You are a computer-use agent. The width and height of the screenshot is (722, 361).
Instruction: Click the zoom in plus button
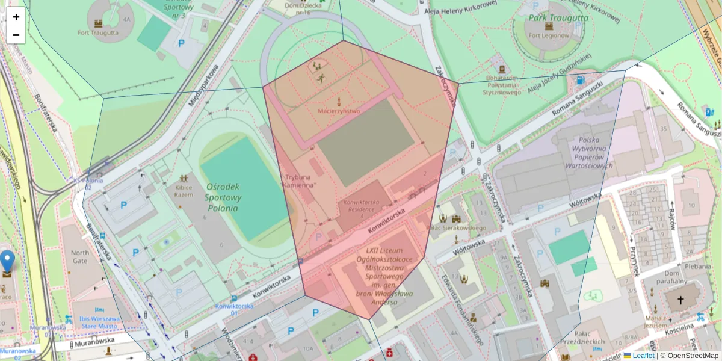(x=16, y=17)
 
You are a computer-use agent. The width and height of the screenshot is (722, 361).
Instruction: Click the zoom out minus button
(x=16, y=35)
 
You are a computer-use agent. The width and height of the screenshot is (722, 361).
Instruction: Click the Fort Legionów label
(x=548, y=35)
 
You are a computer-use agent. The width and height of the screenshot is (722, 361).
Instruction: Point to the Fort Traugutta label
(x=97, y=32)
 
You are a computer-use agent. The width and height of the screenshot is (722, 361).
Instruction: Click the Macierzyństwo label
(x=339, y=111)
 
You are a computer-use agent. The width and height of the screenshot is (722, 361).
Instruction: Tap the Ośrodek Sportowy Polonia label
(x=223, y=197)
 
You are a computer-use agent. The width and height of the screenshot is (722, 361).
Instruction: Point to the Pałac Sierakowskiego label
(x=455, y=228)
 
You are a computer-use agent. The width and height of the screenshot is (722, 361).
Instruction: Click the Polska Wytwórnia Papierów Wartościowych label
(x=588, y=153)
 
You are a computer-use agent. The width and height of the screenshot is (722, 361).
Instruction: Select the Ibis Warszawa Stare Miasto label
(x=92, y=322)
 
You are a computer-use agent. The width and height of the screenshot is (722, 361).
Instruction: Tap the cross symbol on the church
(x=681, y=300)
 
